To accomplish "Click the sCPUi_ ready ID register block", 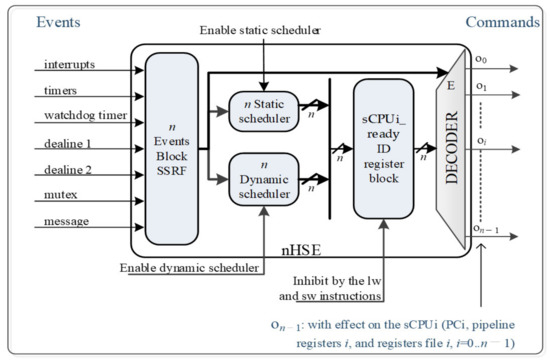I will tap(384, 147).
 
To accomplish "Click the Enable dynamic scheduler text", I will tap(190, 269).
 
